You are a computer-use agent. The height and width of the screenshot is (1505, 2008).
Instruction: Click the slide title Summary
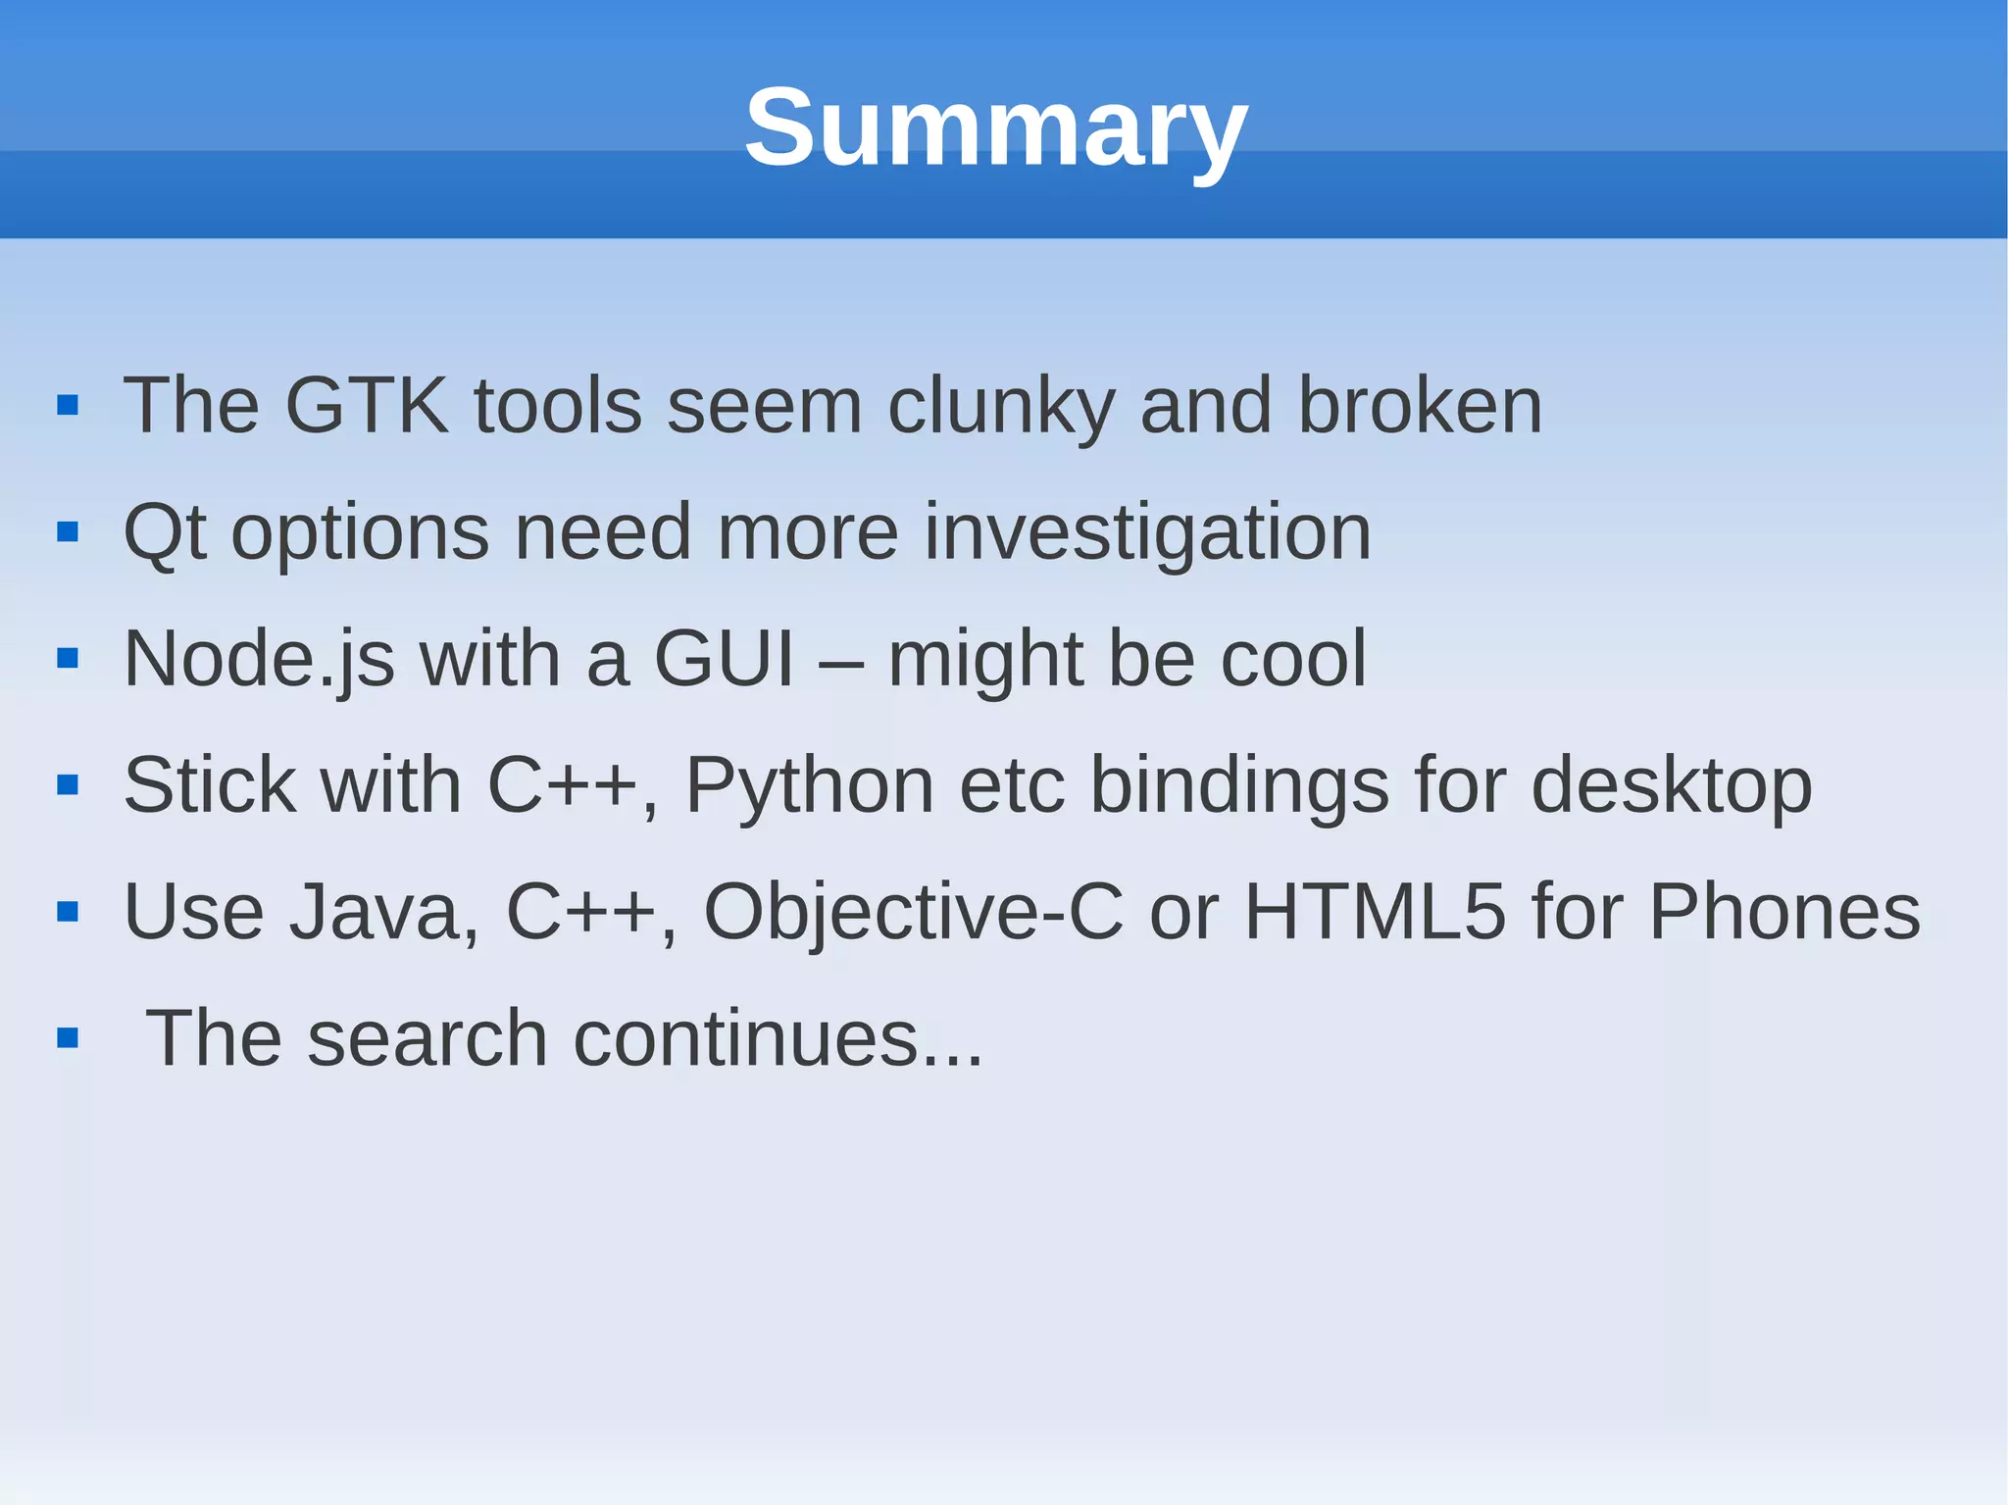point(995,127)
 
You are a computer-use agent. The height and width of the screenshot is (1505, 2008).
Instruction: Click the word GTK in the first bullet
point(366,405)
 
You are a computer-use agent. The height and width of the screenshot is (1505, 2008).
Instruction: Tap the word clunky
point(1001,407)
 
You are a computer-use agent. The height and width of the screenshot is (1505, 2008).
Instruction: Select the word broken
point(1420,405)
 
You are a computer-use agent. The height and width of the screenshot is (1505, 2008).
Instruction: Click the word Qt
point(164,532)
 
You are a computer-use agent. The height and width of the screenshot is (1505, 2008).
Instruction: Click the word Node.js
point(259,660)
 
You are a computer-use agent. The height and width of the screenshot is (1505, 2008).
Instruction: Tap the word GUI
point(724,659)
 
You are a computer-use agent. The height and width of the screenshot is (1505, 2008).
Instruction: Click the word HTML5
point(1374,913)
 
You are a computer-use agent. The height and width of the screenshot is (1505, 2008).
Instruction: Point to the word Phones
point(1784,913)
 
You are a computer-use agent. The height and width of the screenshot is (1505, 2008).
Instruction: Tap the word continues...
point(778,1039)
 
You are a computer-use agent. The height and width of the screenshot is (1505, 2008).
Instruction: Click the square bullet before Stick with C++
point(68,785)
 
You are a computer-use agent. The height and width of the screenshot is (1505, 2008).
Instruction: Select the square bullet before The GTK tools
point(68,406)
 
